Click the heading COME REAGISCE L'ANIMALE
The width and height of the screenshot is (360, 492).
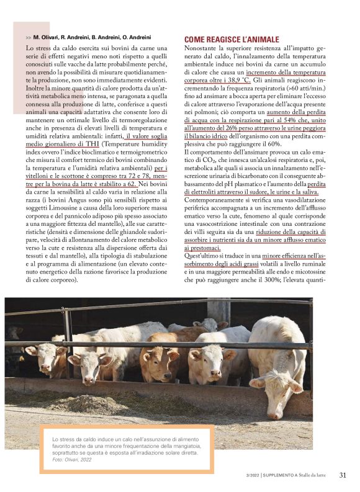(232, 39)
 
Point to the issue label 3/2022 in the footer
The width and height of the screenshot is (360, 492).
(252, 476)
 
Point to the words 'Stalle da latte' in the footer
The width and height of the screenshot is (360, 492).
(315, 476)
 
